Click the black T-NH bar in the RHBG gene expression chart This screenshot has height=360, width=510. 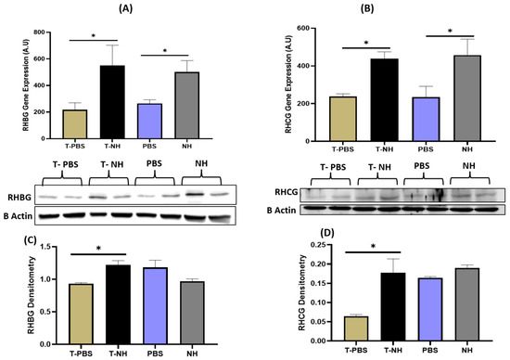112,102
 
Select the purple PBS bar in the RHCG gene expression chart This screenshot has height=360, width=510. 427,119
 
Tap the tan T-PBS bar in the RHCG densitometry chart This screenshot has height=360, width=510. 356,328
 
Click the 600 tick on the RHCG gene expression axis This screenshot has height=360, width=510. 303,29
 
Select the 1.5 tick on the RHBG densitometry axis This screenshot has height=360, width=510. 45,247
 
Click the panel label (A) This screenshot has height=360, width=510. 125,8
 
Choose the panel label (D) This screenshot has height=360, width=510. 327,233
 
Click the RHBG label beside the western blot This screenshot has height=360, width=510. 20,197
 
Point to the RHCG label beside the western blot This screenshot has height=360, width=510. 287,192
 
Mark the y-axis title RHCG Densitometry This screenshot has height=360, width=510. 301,292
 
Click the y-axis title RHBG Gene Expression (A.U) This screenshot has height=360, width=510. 26,85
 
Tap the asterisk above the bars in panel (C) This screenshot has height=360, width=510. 98,249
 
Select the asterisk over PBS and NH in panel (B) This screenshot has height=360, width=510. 450,32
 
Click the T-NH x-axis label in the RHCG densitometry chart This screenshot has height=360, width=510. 393,350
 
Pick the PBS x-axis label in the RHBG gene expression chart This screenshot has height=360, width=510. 149,147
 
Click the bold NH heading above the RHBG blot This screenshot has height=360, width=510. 201,163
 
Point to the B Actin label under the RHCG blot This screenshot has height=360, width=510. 281,211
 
